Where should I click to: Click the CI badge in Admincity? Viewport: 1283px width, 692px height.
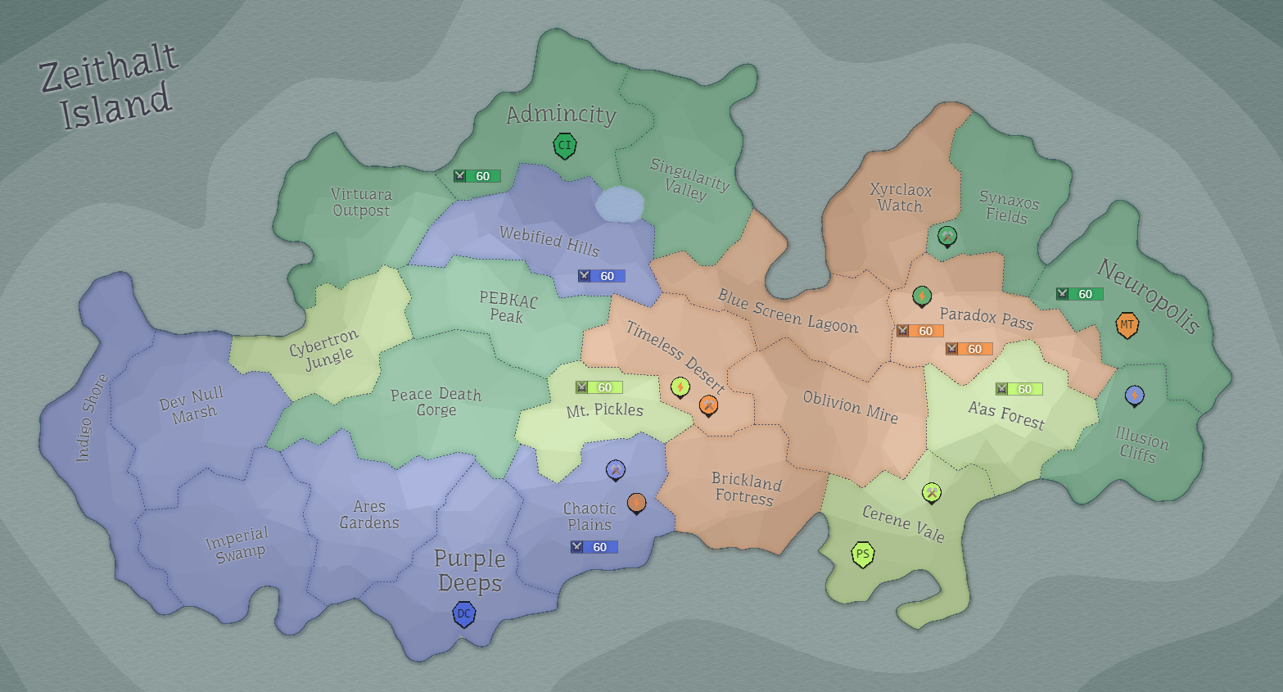[564, 147]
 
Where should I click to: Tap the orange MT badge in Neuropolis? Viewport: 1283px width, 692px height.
[1127, 325]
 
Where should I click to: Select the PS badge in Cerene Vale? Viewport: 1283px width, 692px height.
[862, 554]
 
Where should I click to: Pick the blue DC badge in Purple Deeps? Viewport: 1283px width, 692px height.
[464, 613]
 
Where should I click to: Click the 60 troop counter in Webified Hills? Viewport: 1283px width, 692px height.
[601, 276]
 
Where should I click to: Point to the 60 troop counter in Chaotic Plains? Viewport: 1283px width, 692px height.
[594, 547]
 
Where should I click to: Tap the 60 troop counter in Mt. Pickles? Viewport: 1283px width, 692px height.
[599, 387]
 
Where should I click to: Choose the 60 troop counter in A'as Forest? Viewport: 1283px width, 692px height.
[1019, 389]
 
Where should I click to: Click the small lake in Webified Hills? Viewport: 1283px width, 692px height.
[620, 204]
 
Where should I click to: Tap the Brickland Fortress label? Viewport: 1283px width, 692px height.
[745, 488]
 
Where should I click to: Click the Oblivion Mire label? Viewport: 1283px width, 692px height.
[850, 407]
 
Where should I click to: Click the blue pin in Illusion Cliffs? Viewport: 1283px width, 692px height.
[1134, 396]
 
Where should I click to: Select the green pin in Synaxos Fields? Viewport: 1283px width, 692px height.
[946, 236]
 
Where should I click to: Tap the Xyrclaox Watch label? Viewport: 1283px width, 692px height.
[901, 197]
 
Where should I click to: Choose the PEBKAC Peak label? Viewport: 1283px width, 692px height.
[508, 308]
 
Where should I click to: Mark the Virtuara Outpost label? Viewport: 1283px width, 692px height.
[361, 202]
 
